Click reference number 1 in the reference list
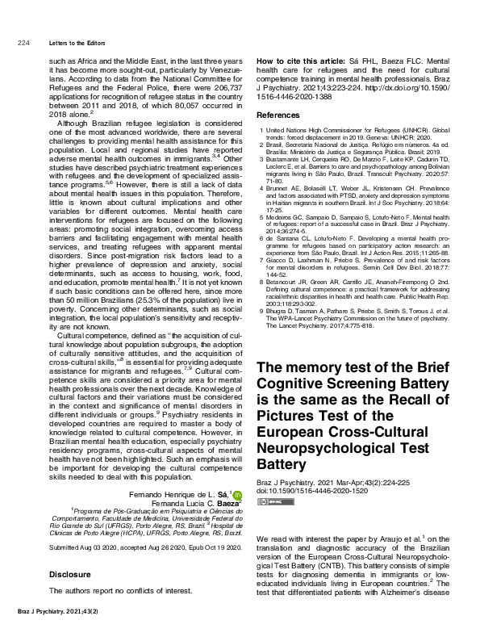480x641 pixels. click(259, 129)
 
